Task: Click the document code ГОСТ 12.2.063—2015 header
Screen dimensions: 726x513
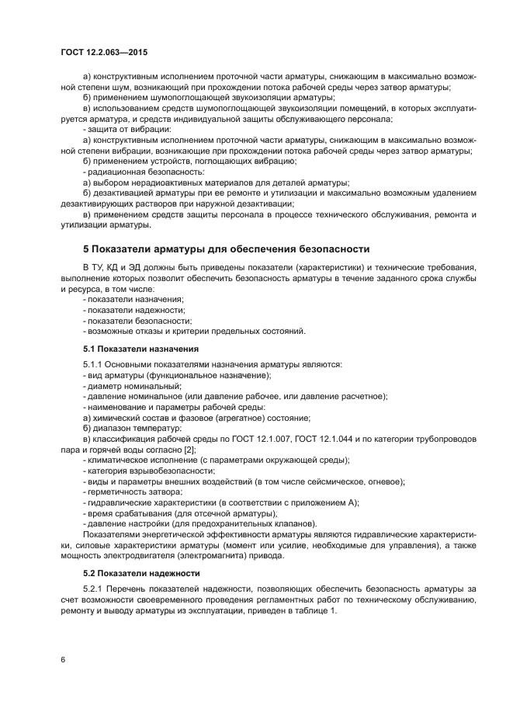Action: pos(104,52)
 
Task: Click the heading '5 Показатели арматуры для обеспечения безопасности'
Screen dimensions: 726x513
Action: pos(226,249)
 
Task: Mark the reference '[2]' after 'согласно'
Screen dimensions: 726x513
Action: pos(189,450)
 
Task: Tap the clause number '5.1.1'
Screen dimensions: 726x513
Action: pos(94,364)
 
